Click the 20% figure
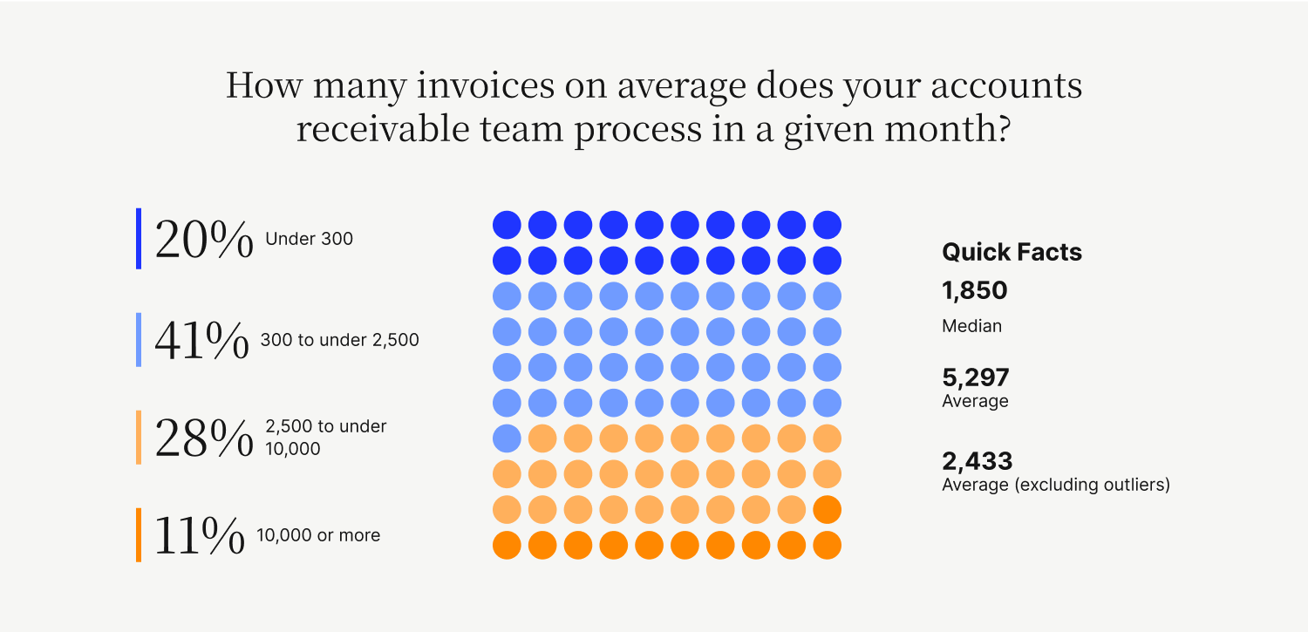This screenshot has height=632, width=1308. point(204,239)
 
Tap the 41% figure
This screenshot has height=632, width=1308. point(201,340)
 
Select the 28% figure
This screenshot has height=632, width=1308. point(204,438)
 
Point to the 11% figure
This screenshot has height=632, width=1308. point(200,535)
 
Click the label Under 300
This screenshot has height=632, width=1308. point(309,239)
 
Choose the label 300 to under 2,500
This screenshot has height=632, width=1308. point(340,340)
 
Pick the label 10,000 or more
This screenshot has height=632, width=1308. point(318,535)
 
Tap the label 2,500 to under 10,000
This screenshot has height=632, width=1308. point(326,437)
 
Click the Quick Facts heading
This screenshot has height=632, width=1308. point(1012,252)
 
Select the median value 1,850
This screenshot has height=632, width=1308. point(975,290)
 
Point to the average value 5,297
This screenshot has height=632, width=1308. point(976,377)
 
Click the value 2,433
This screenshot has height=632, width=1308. point(978,461)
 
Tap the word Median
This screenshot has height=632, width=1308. point(971,326)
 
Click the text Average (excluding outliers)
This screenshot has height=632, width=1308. point(1056,485)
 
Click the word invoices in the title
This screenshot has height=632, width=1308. point(485,85)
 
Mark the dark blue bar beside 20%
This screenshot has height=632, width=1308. point(139,239)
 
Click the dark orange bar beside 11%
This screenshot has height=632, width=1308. point(139,535)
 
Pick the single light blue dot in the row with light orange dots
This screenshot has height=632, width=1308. point(507,438)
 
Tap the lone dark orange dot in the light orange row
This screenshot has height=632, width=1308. point(828,509)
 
